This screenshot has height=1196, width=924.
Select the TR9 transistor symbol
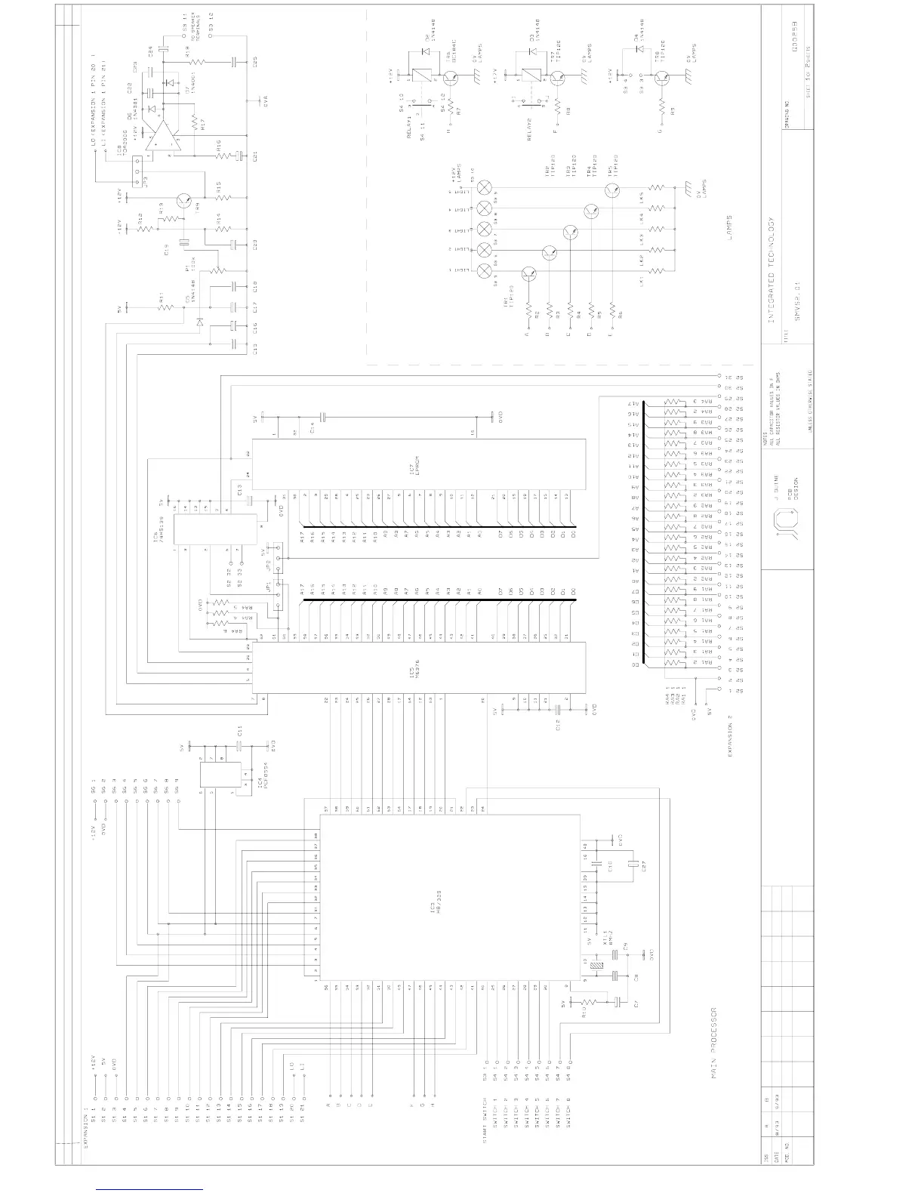[184, 201]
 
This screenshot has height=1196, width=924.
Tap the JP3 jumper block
[137, 173]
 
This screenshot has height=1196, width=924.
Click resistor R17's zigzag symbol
[195, 123]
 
